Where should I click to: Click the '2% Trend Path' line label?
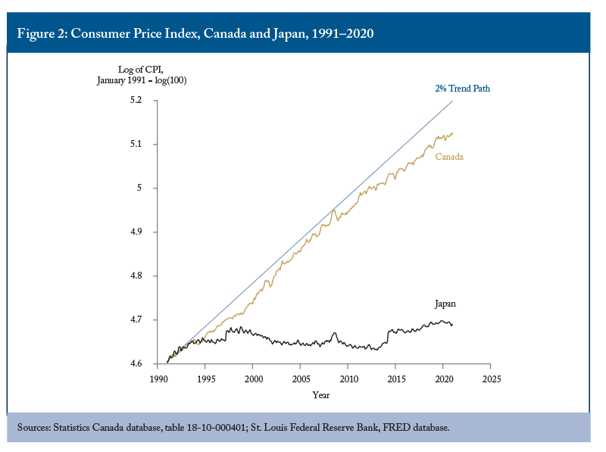coord(462,89)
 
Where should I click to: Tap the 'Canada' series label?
coord(449,157)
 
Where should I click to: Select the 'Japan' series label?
coord(445,304)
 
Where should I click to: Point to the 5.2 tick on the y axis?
coord(136,100)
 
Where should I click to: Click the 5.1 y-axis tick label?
coord(136,144)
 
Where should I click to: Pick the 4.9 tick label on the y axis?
coord(136,232)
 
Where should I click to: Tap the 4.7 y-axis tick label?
coord(136,320)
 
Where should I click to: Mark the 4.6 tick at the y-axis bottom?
coord(136,363)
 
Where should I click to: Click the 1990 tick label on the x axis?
coord(159,379)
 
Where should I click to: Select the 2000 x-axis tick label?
coord(254,379)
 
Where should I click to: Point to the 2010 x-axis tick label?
coord(349,379)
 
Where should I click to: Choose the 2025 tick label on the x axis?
coord(492,379)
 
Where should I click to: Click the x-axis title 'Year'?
coord(321,394)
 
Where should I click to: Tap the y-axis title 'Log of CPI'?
coord(141,70)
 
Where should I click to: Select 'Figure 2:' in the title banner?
coord(42,33)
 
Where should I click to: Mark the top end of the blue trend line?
coord(452,101)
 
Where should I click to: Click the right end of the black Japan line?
coord(452,325)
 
